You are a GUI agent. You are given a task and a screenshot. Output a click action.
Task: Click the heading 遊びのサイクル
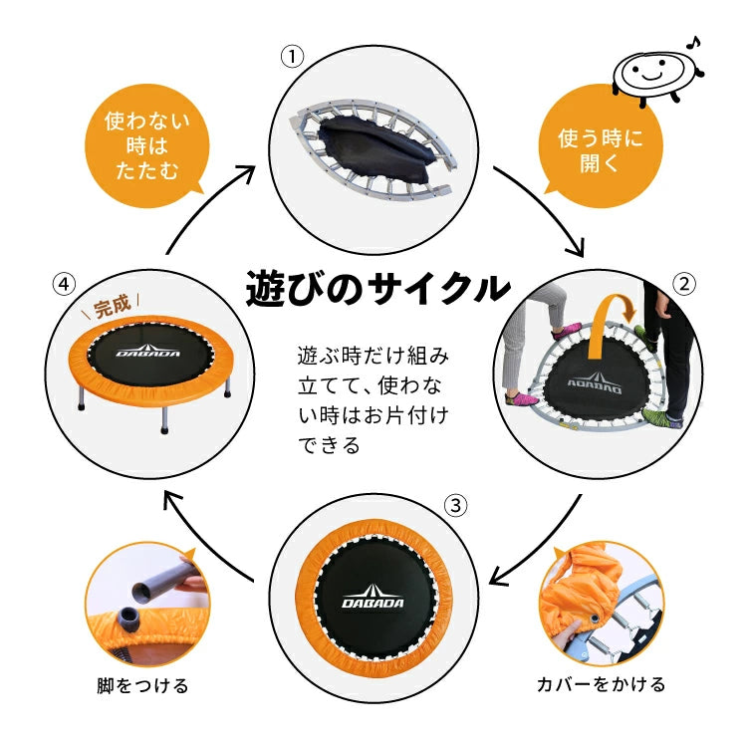tap(376, 288)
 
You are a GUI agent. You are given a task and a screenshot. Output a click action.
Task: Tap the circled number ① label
tap(291, 57)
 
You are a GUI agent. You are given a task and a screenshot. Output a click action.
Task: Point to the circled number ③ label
tap(454, 506)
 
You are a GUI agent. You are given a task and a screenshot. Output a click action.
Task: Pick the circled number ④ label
tap(63, 285)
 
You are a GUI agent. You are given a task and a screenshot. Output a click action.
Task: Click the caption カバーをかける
tap(601, 684)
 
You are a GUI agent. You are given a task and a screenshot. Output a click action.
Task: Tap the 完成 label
tap(112, 305)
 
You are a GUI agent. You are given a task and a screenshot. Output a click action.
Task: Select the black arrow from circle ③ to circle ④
tap(209, 533)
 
